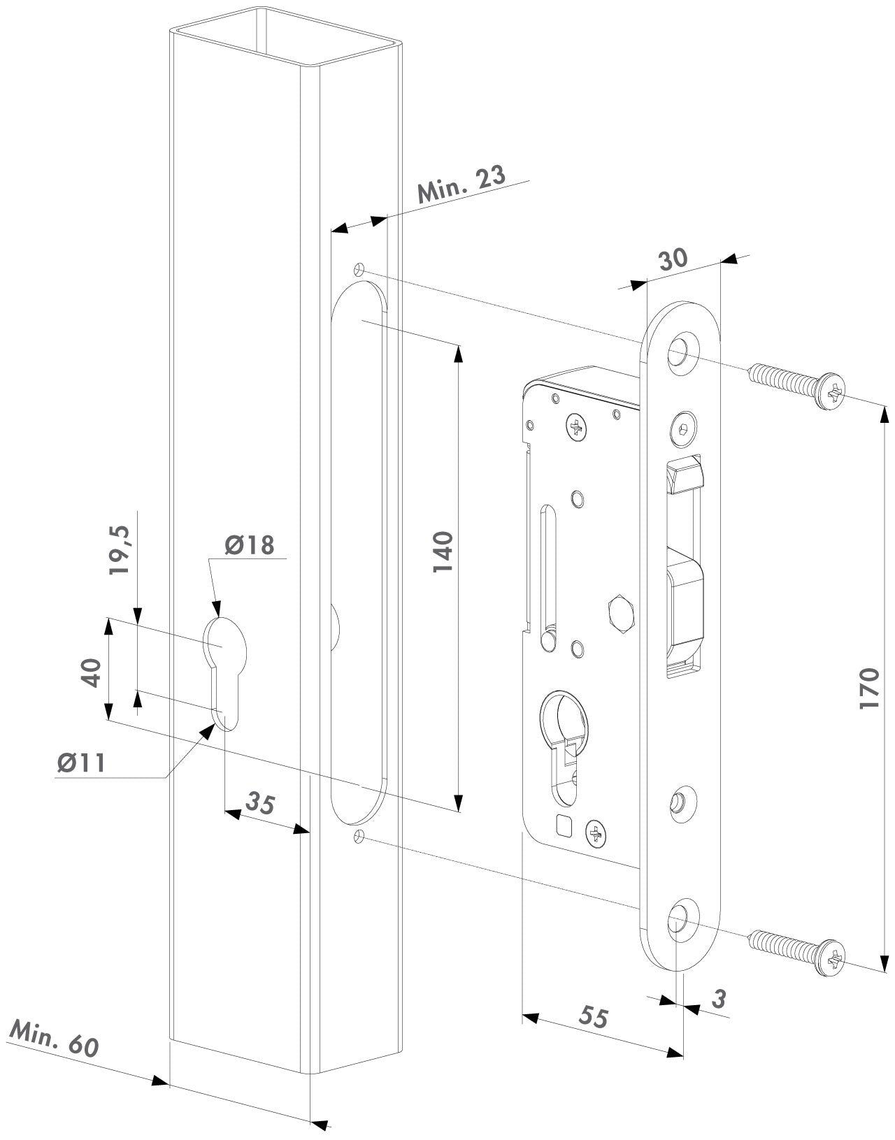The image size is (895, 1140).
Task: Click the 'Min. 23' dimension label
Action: tap(461, 183)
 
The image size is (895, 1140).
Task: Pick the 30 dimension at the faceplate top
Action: tap(673, 259)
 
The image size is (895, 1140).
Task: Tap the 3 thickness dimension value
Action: tap(717, 999)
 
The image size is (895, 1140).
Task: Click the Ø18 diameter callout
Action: tap(250, 544)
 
